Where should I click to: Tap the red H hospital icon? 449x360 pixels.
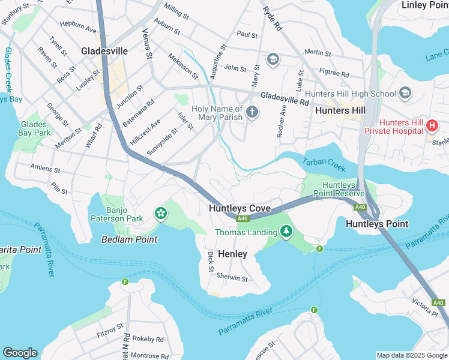[x=432, y=125]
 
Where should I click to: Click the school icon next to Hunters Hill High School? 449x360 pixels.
[x=405, y=93]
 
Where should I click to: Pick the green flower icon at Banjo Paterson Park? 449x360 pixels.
[x=160, y=213]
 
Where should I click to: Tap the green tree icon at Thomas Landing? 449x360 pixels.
[x=286, y=231]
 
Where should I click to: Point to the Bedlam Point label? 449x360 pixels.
[x=129, y=239]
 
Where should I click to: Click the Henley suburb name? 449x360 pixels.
[x=232, y=254]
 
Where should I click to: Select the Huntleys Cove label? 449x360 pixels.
[x=240, y=208]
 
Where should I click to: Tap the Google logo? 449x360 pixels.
[x=20, y=353]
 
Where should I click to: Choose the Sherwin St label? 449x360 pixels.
[x=232, y=278]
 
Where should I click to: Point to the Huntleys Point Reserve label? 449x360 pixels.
[x=343, y=189]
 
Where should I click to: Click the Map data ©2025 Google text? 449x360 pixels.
[x=411, y=355]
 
